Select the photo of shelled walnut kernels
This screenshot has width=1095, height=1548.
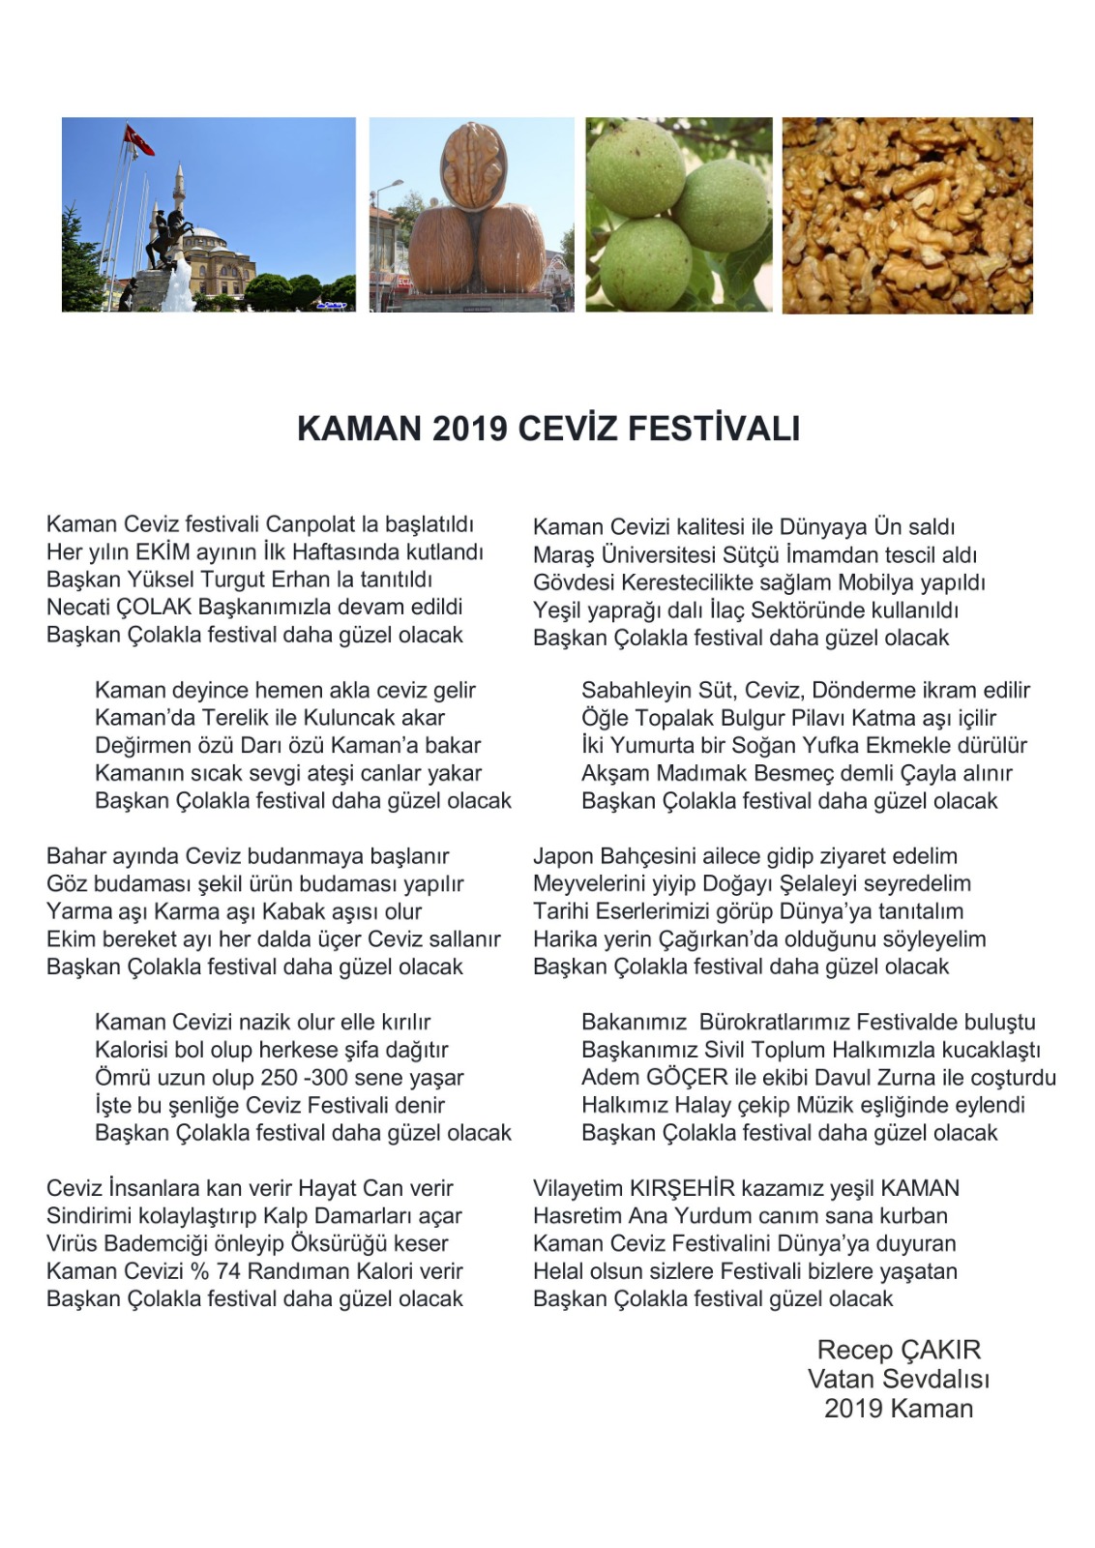click(x=906, y=215)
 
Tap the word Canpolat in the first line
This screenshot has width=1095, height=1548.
click(x=310, y=524)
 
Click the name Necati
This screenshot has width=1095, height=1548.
click(x=77, y=608)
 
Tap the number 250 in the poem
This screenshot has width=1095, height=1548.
click(x=280, y=1078)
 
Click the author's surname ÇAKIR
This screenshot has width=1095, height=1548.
click(x=940, y=1351)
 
